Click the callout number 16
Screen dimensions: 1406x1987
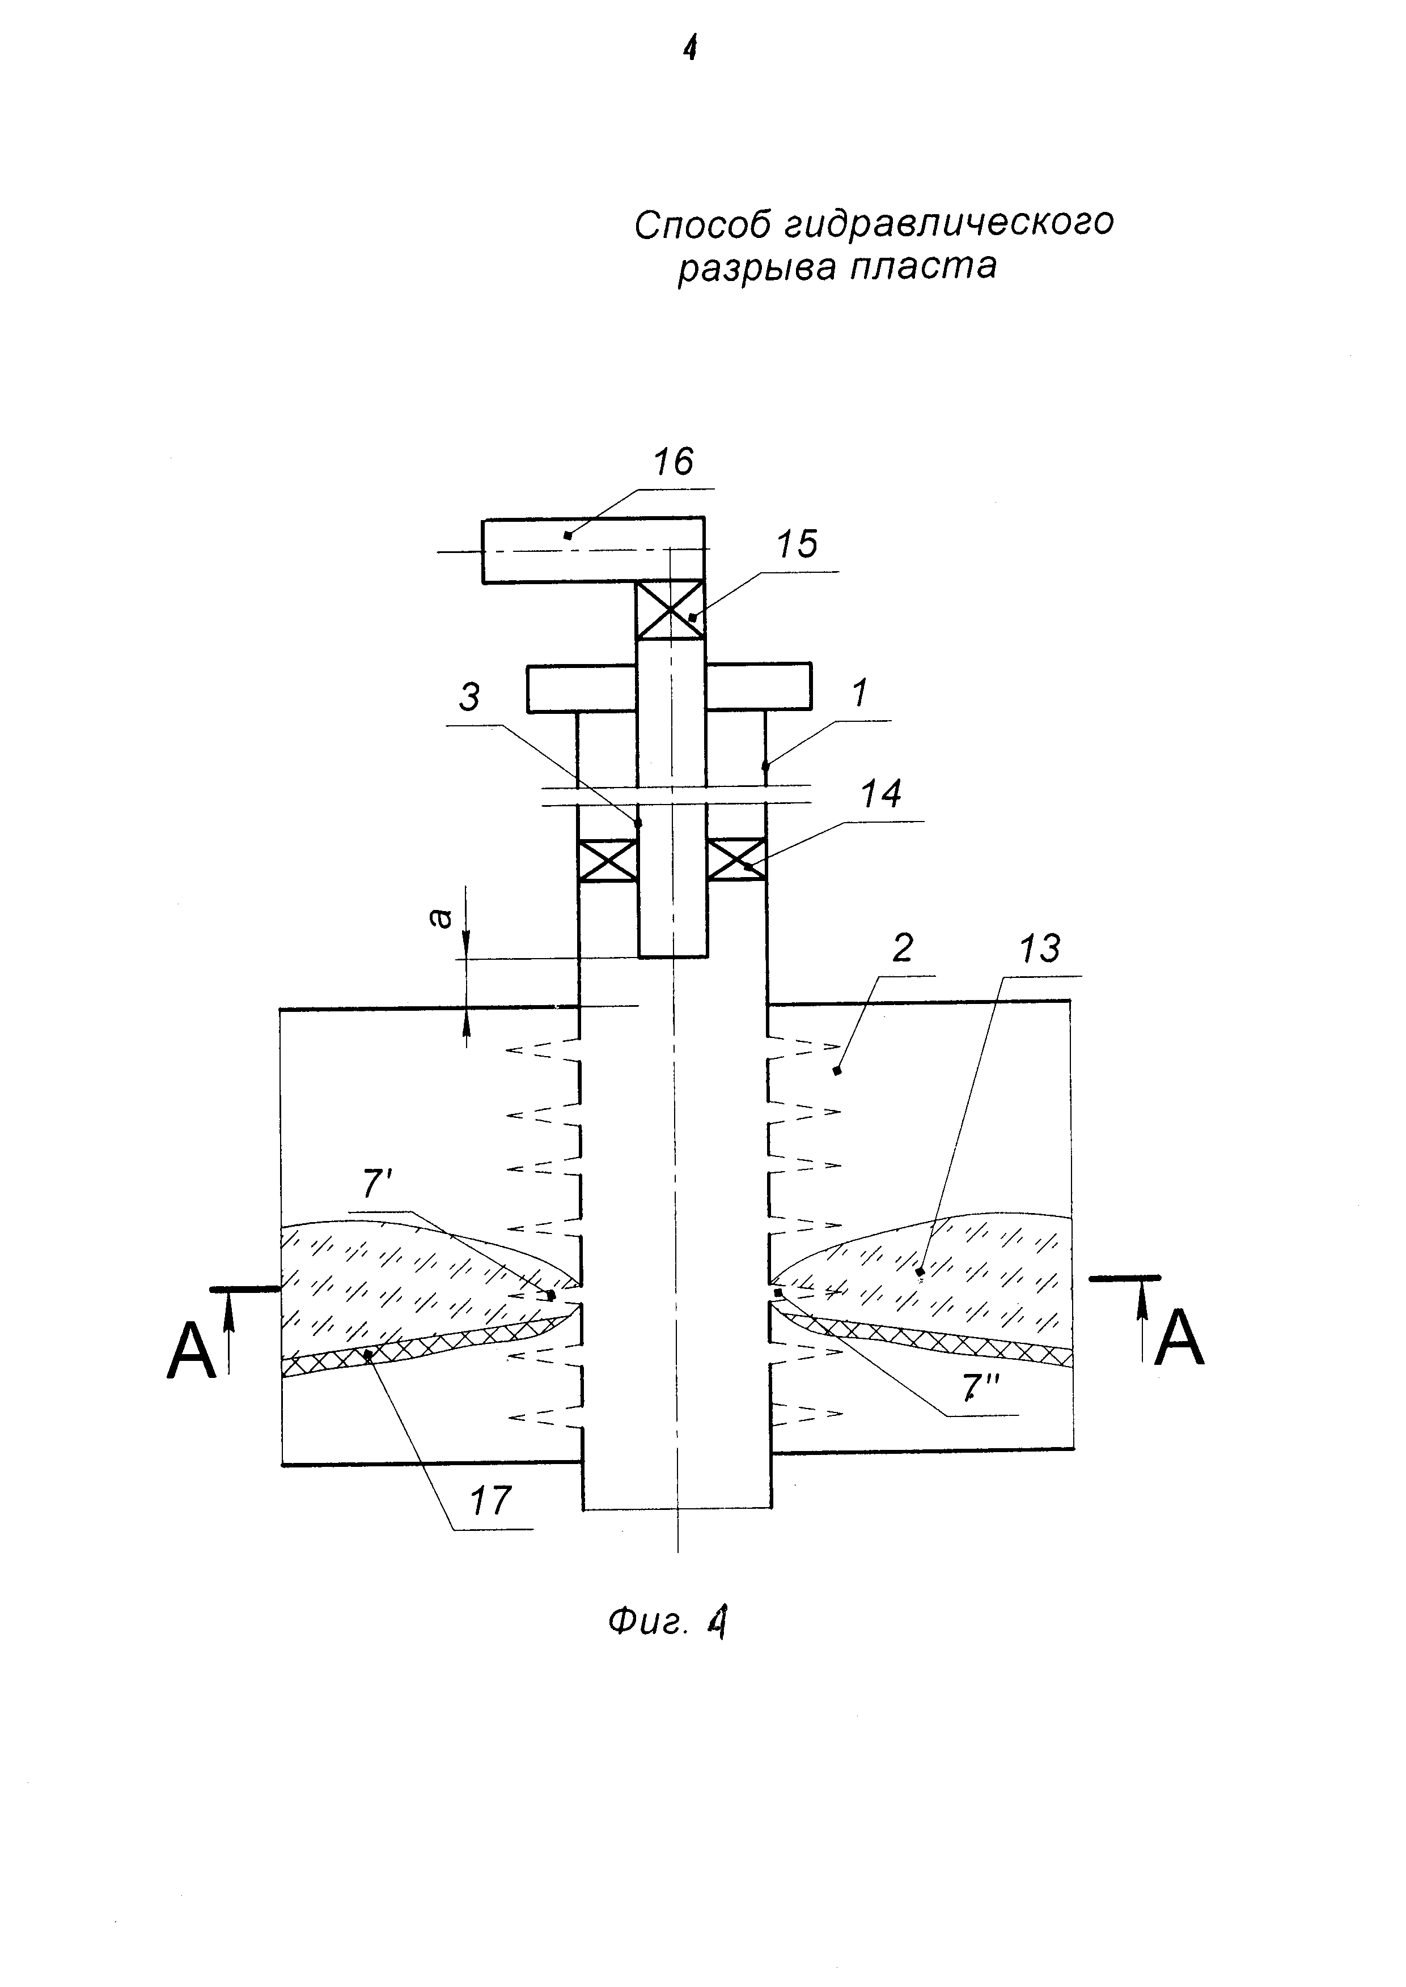674,462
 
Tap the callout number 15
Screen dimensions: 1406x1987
797,544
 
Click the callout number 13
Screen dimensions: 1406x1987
1040,950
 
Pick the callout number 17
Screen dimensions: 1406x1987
491,1501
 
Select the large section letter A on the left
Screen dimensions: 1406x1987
191,1354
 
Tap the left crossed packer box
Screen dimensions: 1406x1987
608,860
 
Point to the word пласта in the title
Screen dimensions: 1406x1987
924,266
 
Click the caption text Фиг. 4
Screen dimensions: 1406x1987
667,1621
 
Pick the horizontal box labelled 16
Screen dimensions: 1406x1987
593,550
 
